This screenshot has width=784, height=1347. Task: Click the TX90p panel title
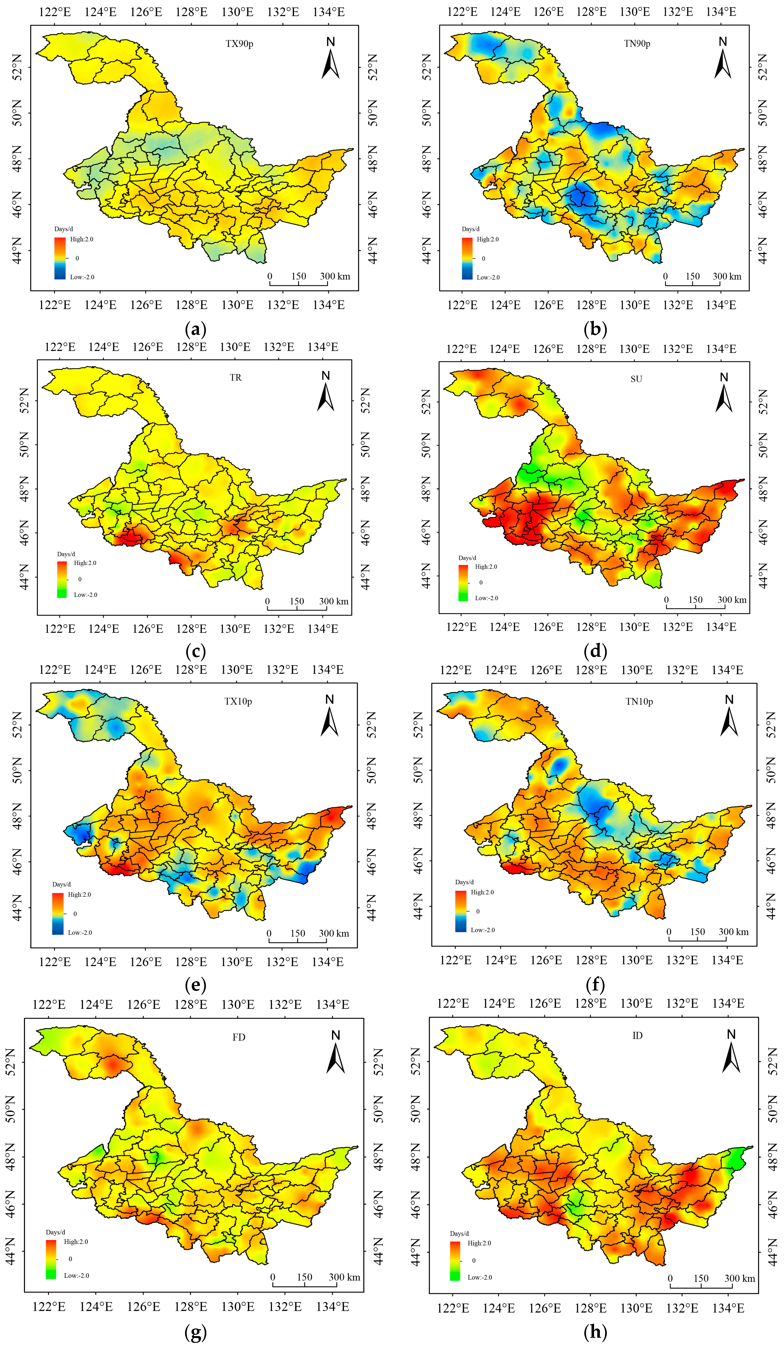(239, 44)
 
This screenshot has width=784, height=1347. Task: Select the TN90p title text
(637, 44)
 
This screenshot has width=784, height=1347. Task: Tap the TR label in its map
(235, 377)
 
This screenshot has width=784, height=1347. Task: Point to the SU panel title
(636, 379)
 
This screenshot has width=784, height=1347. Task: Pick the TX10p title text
(238, 701)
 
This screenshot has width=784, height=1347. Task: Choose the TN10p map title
(639, 701)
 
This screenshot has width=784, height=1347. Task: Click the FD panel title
(239, 1037)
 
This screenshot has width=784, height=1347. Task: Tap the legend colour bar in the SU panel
(463, 583)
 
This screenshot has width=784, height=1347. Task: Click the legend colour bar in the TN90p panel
(467, 258)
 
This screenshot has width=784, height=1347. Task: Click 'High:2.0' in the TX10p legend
(79, 894)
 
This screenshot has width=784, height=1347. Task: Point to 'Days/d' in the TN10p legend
(464, 882)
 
